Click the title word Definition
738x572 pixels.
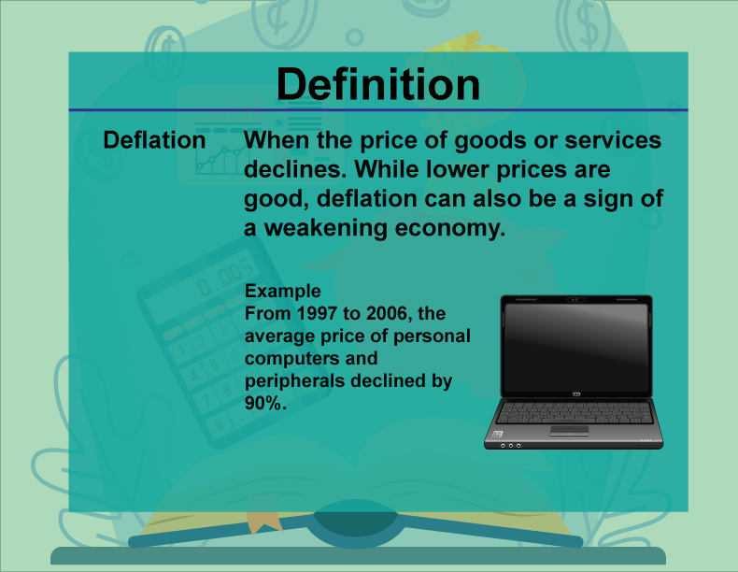378,85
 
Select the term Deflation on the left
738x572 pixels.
154,140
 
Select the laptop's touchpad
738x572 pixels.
569,430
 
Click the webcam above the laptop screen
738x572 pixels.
575,300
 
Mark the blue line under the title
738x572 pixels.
378,110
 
